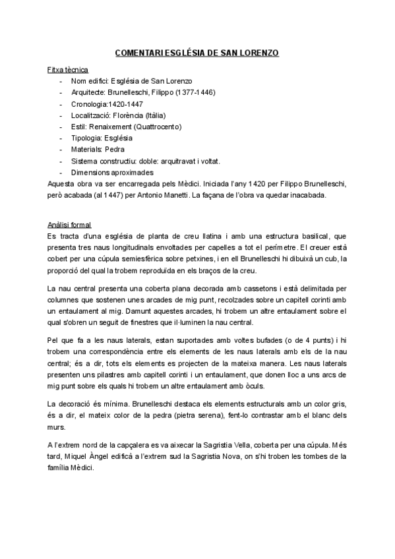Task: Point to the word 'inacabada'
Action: click(321, 195)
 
